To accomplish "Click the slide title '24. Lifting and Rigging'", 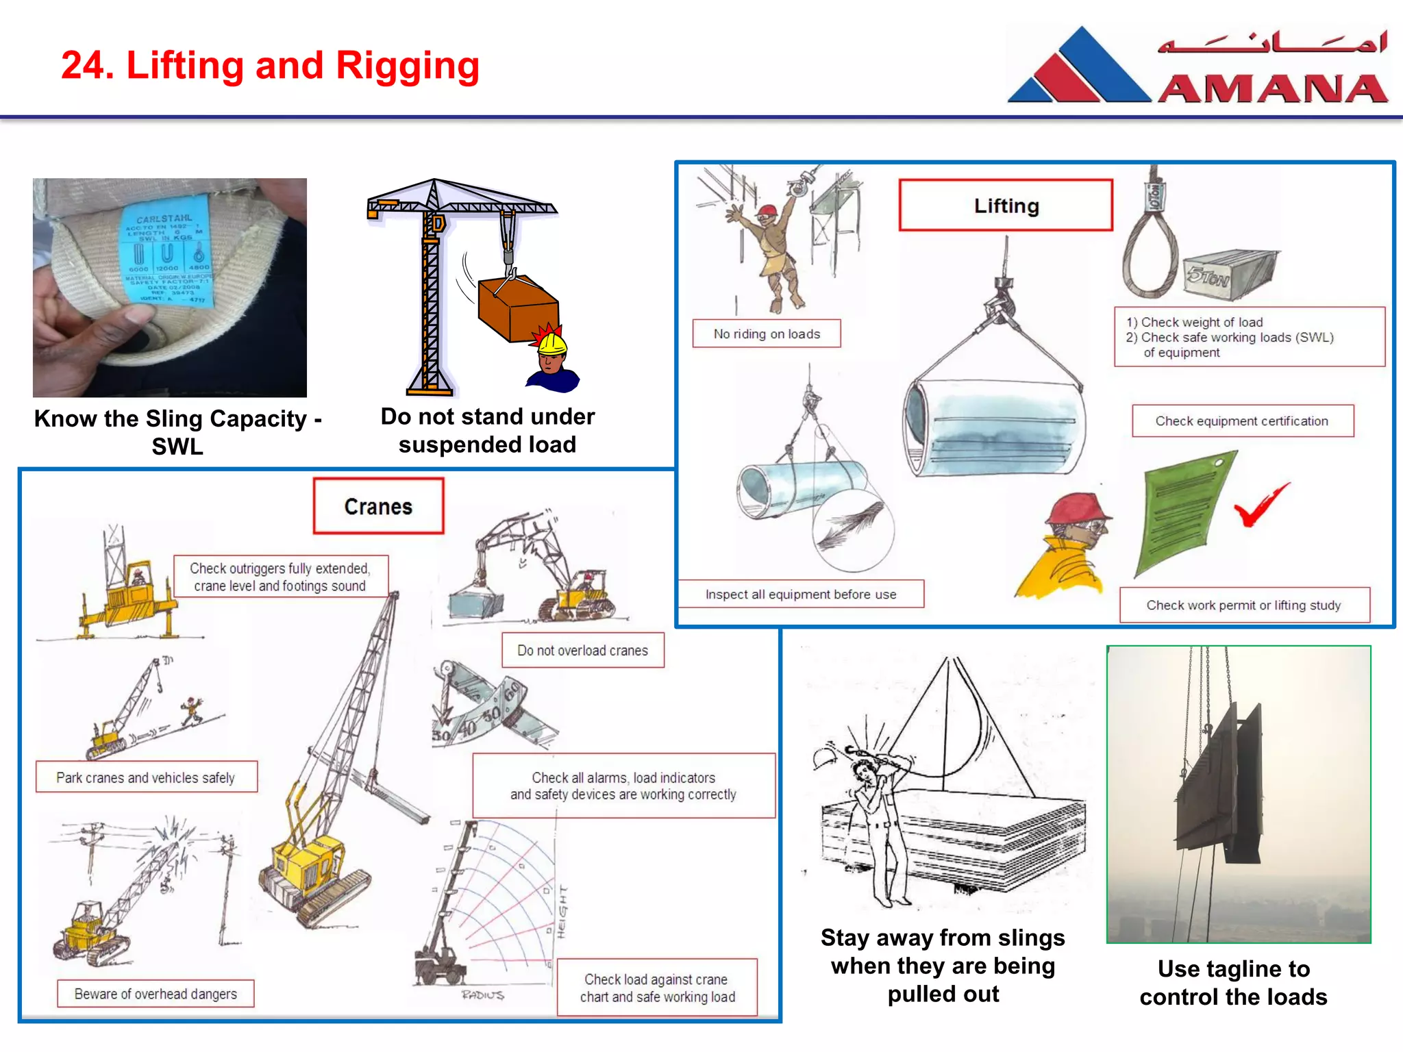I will [x=270, y=66].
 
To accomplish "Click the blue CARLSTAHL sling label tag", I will [x=166, y=259].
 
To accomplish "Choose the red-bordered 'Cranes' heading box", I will [x=378, y=507].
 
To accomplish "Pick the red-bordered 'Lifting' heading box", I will [x=1006, y=205].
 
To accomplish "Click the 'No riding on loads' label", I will [x=767, y=334].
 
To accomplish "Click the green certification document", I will [x=1182, y=514].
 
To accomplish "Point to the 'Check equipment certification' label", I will [x=1242, y=421].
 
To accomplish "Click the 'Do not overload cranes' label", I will [x=582, y=651].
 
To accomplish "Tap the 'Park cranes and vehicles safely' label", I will [x=146, y=777].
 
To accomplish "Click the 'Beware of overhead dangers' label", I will [x=156, y=994].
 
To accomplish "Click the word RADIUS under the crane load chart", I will [x=482, y=994].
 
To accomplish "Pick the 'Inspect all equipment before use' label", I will [x=801, y=594].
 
